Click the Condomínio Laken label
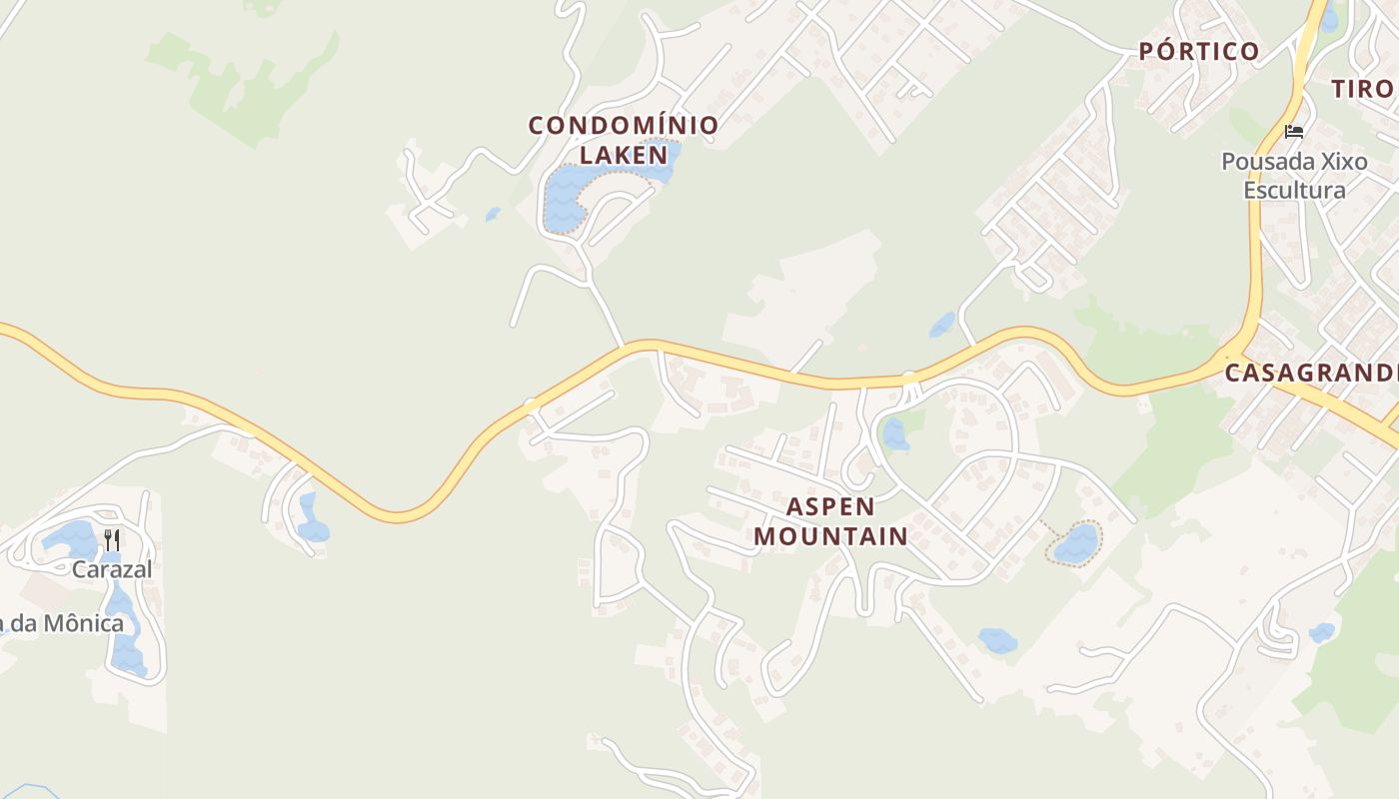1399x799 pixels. tap(624, 140)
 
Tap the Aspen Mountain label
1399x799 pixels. tap(830, 521)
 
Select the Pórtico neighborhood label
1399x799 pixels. tap(1199, 52)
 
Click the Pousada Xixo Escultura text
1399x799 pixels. tap(1294, 175)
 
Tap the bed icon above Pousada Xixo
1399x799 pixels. tap(1294, 131)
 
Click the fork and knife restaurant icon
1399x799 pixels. tap(112, 540)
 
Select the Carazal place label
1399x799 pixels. tap(112, 569)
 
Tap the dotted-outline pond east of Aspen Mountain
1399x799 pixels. tap(1076, 544)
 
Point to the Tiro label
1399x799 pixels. tap(1361, 89)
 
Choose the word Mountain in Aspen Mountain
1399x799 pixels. tap(830, 536)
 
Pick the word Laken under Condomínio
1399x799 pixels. tap(624, 155)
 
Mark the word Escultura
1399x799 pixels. tap(1294, 190)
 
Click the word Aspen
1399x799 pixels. tap(830, 506)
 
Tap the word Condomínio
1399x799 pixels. tap(624, 126)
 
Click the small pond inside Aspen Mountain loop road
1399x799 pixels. tap(894, 434)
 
